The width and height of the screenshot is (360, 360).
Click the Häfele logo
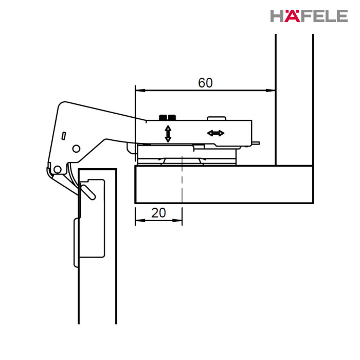[309, 16]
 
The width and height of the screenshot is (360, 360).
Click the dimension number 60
[205, 83]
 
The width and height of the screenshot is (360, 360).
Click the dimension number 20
[158, 213]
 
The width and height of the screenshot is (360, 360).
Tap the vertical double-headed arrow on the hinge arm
[168, 134]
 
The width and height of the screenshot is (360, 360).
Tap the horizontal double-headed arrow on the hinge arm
[215, 133]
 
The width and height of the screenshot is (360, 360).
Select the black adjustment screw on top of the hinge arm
[168, 118]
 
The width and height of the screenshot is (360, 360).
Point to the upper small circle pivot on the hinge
[76, 149]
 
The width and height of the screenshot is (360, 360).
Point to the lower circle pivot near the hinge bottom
[58, 170]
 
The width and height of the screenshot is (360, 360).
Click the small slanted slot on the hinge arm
[64, 136]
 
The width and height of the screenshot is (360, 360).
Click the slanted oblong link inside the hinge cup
[88, 192]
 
